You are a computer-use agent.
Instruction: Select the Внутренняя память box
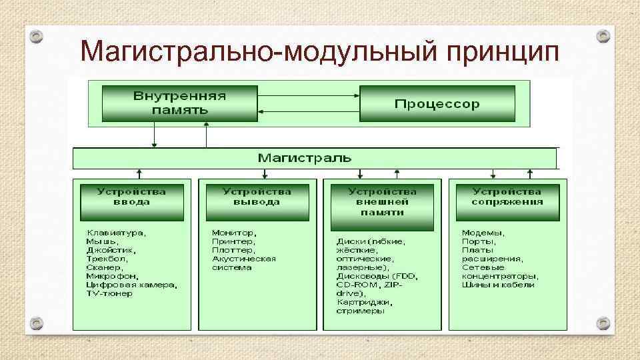[x=179, y=103]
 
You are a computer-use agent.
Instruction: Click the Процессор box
[x=437, y=103]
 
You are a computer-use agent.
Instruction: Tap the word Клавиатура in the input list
[x=116, y=233]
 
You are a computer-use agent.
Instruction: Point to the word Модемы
[x=483, y=233]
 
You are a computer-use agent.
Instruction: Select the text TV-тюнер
[x=109, y=293]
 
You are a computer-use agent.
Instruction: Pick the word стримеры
[x=360, y=311]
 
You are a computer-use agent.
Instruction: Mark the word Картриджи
[x=363, y=302]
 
